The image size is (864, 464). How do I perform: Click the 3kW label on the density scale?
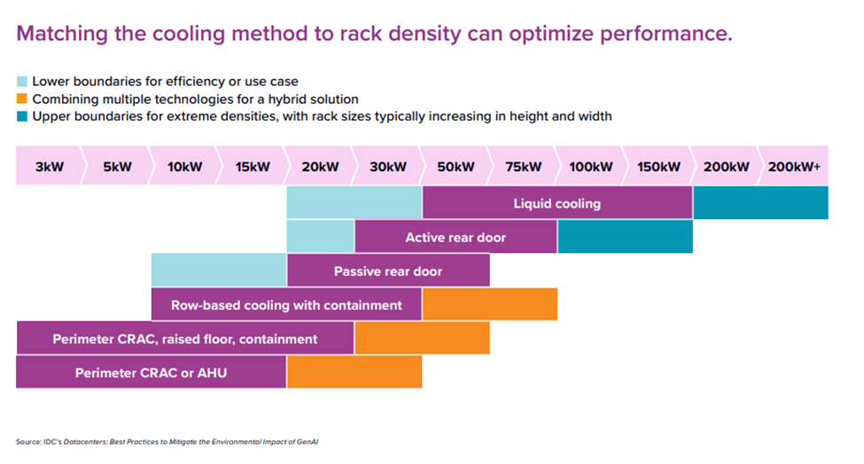pyautogui.click(x=48, y=167)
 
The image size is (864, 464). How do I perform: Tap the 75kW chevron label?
pyautogui.click(x=523, y=167)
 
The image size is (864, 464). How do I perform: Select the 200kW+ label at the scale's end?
pyautogui.click(x=793, y=167)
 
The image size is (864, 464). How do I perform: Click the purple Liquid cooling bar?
pyautogui.click(x=557, y=204)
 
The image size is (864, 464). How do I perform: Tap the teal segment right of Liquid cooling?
pyautogui.click(x=760, y=204)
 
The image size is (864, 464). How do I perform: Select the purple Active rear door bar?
pyautogui.click(x=455, y=238)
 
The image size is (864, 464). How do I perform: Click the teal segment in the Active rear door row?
pyautogui.click(x=625, y=238)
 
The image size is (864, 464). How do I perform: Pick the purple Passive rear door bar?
pyautogui.click(x=388, y=271)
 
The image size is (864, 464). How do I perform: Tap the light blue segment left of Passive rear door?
pyautogui.click(x=219, y=271)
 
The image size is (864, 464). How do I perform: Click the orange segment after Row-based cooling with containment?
pyautogui.click(x=489, y=305)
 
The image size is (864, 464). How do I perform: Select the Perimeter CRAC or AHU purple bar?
pyautogui.click(x=151, y=373)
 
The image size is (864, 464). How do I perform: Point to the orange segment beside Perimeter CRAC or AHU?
pyautogui.click(x=354, y=373)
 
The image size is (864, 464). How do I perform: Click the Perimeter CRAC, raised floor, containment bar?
pyautogui.click(x=184, y=339)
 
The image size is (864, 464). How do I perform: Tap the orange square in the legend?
pyautogui.click(x=23, y=98)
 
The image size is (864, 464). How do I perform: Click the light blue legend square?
pyautogui.click(x=23, y=82)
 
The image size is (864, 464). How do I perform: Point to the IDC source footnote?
pyautogui.click(x=168, y=441)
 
